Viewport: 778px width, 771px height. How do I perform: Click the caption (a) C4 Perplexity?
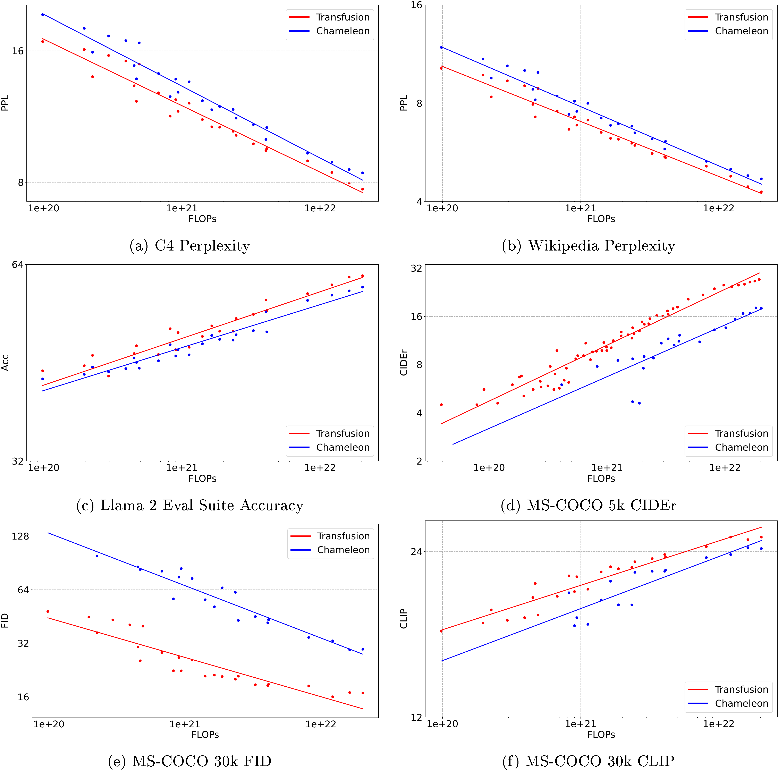click(189, 246)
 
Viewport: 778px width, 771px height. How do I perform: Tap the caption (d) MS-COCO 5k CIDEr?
click(588, 505)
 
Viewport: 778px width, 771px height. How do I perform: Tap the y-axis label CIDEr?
click(404, 362)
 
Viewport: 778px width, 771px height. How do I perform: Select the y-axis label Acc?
click(5, 362)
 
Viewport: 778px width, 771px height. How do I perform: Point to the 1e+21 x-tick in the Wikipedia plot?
click(580, 208)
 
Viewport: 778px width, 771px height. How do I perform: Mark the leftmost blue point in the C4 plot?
click(43, 15)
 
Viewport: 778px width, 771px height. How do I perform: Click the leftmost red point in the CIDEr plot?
click(441, 405)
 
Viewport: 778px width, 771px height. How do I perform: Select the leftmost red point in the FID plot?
click(48, 612)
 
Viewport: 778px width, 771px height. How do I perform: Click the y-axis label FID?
click(5, 620)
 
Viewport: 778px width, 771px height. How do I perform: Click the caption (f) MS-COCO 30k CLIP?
click(588, 761)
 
